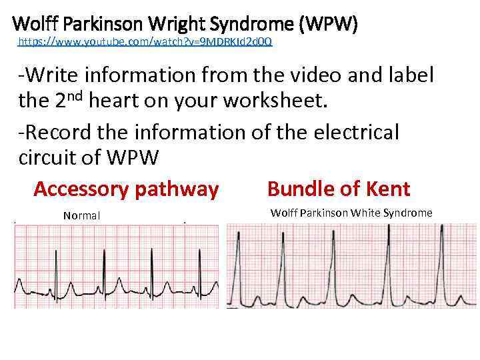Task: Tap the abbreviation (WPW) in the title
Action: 329,25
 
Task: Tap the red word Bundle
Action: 299,189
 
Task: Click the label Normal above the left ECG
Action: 81,215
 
